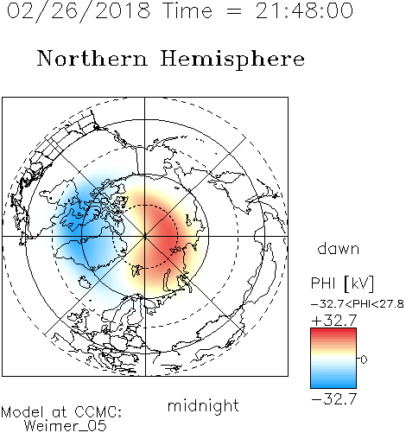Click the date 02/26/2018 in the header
click(79, 11)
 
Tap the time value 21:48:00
click(304, 11)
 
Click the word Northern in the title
click(92, 59)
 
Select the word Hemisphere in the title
click(232, 59)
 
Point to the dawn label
click(339, 248)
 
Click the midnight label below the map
click(203, 405)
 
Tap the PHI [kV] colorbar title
click(342, 283)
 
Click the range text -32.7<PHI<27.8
click(357, 304)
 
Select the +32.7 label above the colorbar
click(334, 321)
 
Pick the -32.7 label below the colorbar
click(334, 399)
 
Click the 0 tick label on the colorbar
click(364, 359)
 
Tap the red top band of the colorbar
click(333, 332)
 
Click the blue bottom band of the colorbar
click(333, 385)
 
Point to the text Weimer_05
click(66, 426)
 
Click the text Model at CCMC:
click(61, 412)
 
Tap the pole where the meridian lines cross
click(145, 237)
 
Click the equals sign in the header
click(233, 11)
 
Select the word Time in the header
click(187, 11)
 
